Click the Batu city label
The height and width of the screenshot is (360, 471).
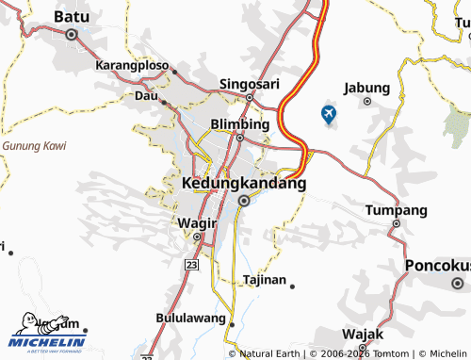coord(72,16)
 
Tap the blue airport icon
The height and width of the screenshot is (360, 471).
coord(329,115)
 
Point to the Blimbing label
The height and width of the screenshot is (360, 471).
coord(240,124)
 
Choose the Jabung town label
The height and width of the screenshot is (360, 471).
coord(366,88)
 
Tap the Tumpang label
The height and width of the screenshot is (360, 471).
coord(396,209)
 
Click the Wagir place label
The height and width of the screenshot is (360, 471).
coord(196,223)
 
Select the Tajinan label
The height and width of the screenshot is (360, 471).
coord(264,280)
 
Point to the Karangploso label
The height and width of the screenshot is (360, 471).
coord(132,67)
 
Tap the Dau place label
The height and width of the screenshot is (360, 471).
coord(146,96)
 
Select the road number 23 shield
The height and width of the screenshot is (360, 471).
coord(192,267)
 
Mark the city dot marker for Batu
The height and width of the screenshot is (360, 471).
coord(72,34)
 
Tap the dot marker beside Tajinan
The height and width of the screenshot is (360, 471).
coord(292,286)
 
